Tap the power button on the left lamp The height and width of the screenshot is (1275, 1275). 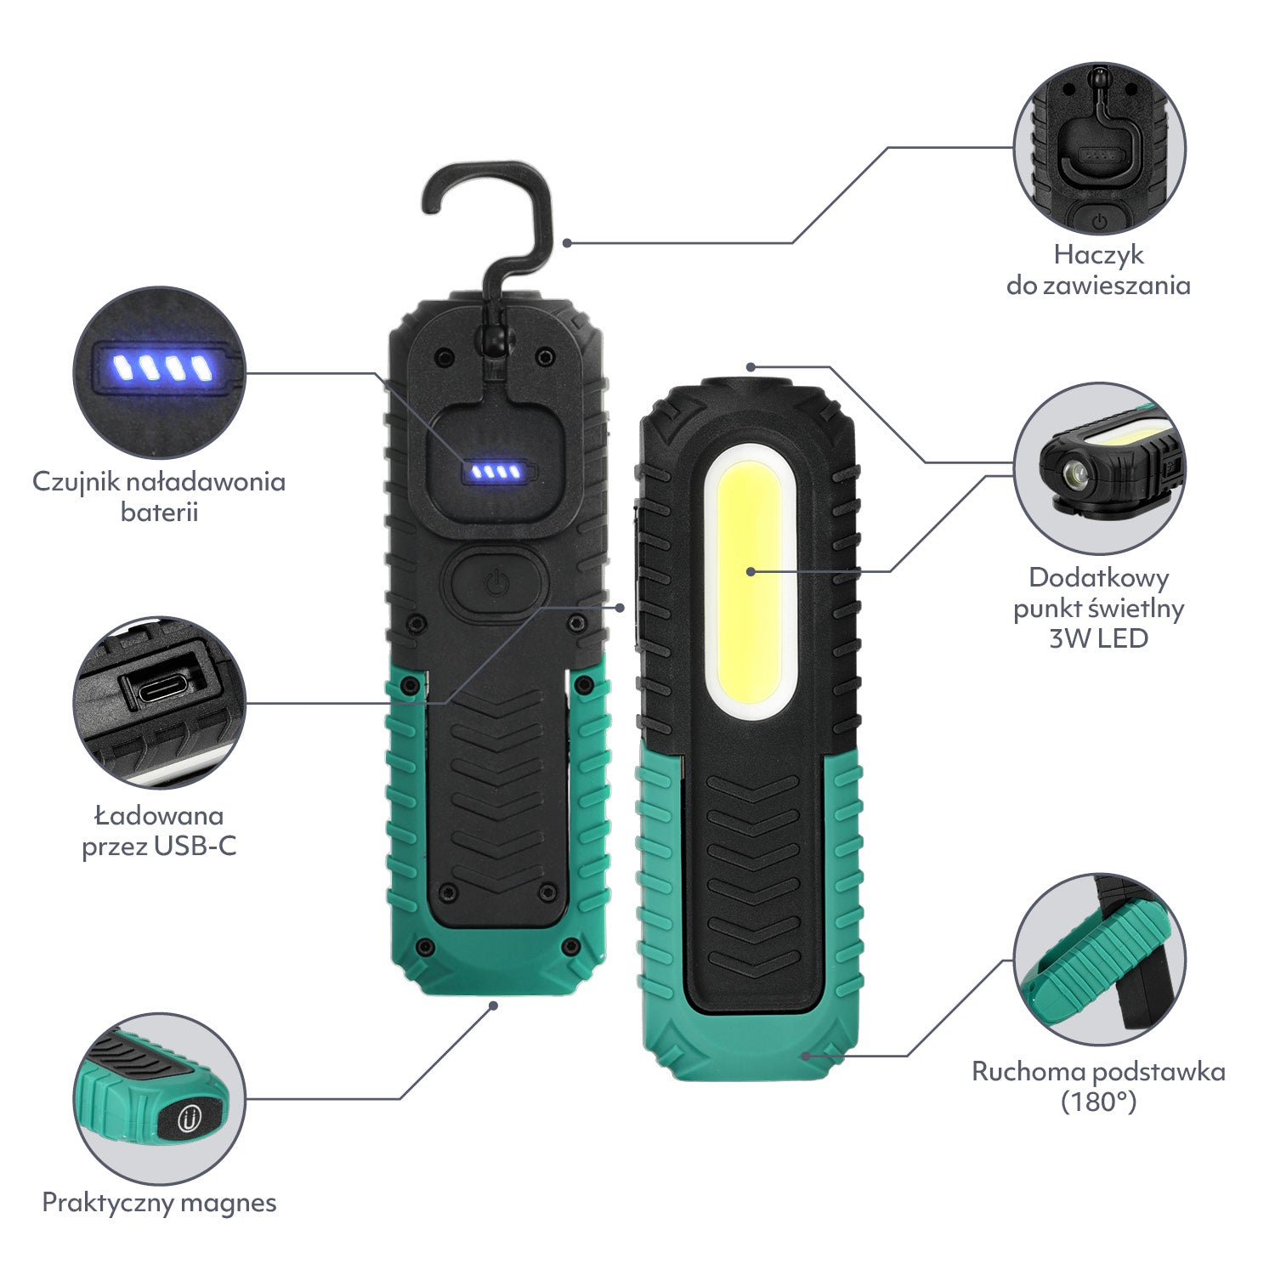coord(497,584)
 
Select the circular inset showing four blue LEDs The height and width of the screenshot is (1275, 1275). coord(160,372)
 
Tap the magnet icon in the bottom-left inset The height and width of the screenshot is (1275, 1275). coord(190,1120)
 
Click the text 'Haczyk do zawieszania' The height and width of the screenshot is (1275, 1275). coord(1098,269)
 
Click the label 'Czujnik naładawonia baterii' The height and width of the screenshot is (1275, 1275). coord(159,496)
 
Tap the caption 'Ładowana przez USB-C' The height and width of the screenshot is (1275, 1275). coord(159,830)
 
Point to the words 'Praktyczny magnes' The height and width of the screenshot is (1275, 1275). coord(159,1203)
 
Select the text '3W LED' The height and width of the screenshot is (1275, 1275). coord(1098,638)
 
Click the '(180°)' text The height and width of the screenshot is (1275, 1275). coord(1098,1102)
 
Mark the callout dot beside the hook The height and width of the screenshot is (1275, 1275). coord(567,243)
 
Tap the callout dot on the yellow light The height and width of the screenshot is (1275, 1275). coord(751,571)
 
